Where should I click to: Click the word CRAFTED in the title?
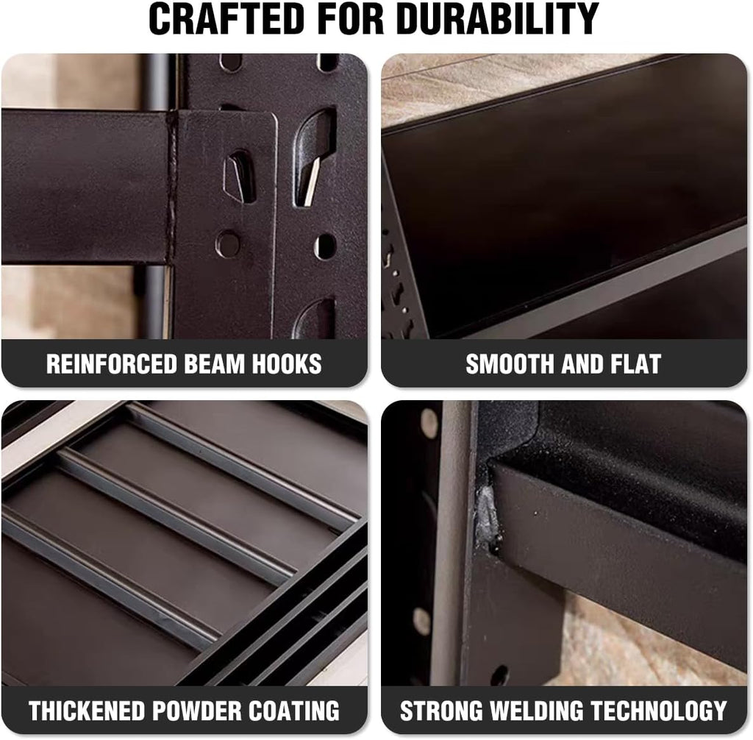(226, 18)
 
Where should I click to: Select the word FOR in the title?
(351, 18)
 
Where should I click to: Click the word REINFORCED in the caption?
(112, 364)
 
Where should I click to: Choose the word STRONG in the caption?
(441, 711)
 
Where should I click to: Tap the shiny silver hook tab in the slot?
(312, 181)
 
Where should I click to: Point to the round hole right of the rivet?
(326, 246)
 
